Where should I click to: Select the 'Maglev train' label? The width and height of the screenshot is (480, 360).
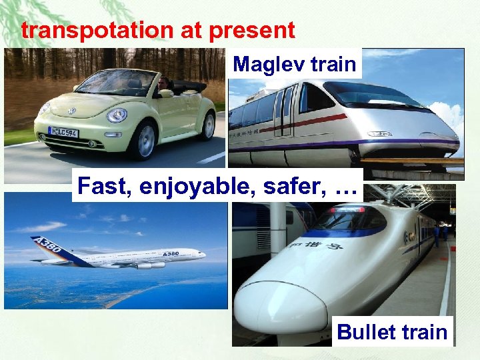296,65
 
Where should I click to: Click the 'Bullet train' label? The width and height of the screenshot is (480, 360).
392,331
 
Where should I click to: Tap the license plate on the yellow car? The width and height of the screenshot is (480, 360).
63,132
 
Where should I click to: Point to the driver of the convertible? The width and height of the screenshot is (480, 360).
163,85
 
